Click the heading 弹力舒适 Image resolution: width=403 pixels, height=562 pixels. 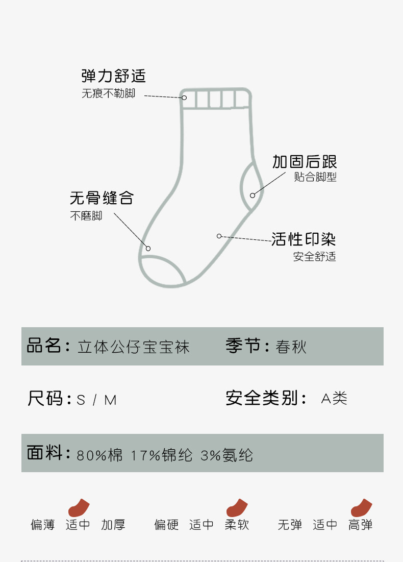point(113,77)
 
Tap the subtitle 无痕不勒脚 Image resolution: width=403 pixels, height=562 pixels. point(108,94)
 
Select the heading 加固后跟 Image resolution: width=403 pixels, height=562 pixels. point(305,162)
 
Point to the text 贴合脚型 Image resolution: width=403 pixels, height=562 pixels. point(315,178)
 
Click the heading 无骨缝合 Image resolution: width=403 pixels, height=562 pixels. point(102,198)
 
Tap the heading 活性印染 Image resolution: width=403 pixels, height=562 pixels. point(304,239)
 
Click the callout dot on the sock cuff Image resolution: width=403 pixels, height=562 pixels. point(184,97)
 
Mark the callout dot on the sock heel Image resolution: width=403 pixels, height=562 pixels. point(253,195)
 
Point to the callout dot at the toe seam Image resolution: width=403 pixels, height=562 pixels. point(148,249)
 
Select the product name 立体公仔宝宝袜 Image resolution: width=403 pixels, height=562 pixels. point(134,347)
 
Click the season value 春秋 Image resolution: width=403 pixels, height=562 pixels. point(291,347)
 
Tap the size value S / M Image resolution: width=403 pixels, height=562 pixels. point(96,400)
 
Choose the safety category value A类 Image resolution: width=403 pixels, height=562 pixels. point(334,399)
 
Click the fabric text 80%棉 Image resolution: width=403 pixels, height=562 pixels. point(100,455)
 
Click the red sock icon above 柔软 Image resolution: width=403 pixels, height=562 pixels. point(237,507)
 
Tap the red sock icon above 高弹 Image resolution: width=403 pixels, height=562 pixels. point(361,507)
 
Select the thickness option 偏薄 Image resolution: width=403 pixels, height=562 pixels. point(42,525)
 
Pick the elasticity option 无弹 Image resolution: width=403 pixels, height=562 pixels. point(290,525)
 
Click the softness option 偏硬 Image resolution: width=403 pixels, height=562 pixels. point(166,525)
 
